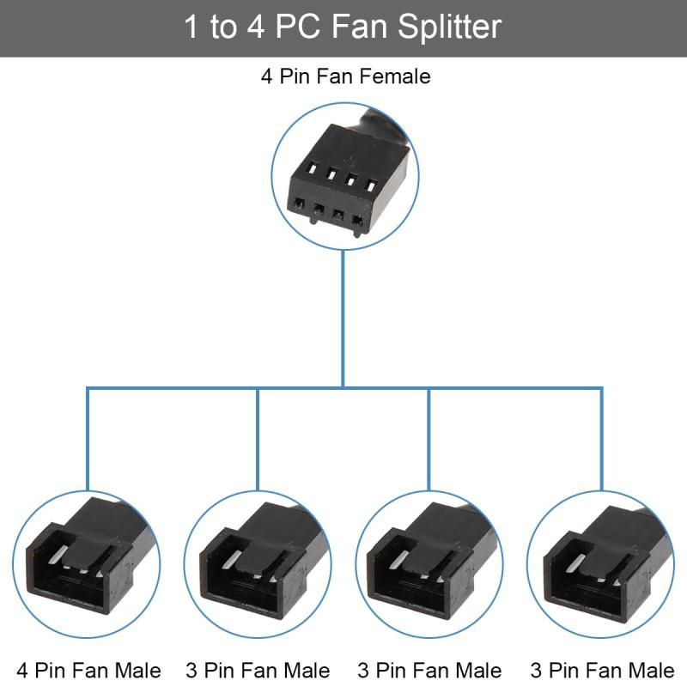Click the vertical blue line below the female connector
[x=343, y=318]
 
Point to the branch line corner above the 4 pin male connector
[x=87, y=388]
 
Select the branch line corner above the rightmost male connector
[x=601, y=388]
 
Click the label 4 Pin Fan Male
[x=88, y=669]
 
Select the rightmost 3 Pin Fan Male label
[x=602, y=669]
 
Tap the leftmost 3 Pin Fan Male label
[x=258, y=669]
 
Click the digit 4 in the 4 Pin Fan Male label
[x=22, y=669]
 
